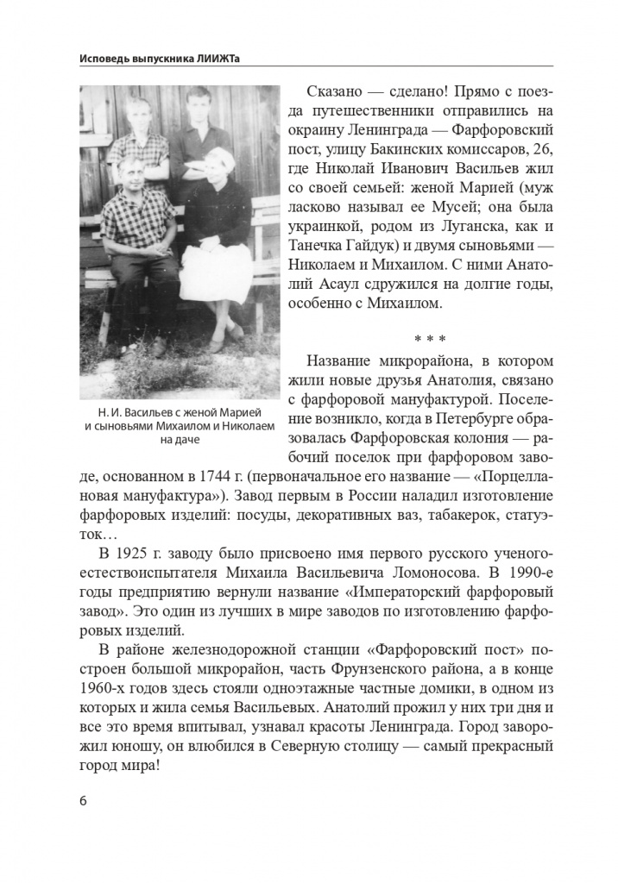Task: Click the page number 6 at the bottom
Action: click(x=83, y=800)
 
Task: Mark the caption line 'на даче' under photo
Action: click(x=180, y=439)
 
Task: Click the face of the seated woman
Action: click(x=211, y=164)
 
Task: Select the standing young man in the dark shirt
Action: click(x=201, y=129)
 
